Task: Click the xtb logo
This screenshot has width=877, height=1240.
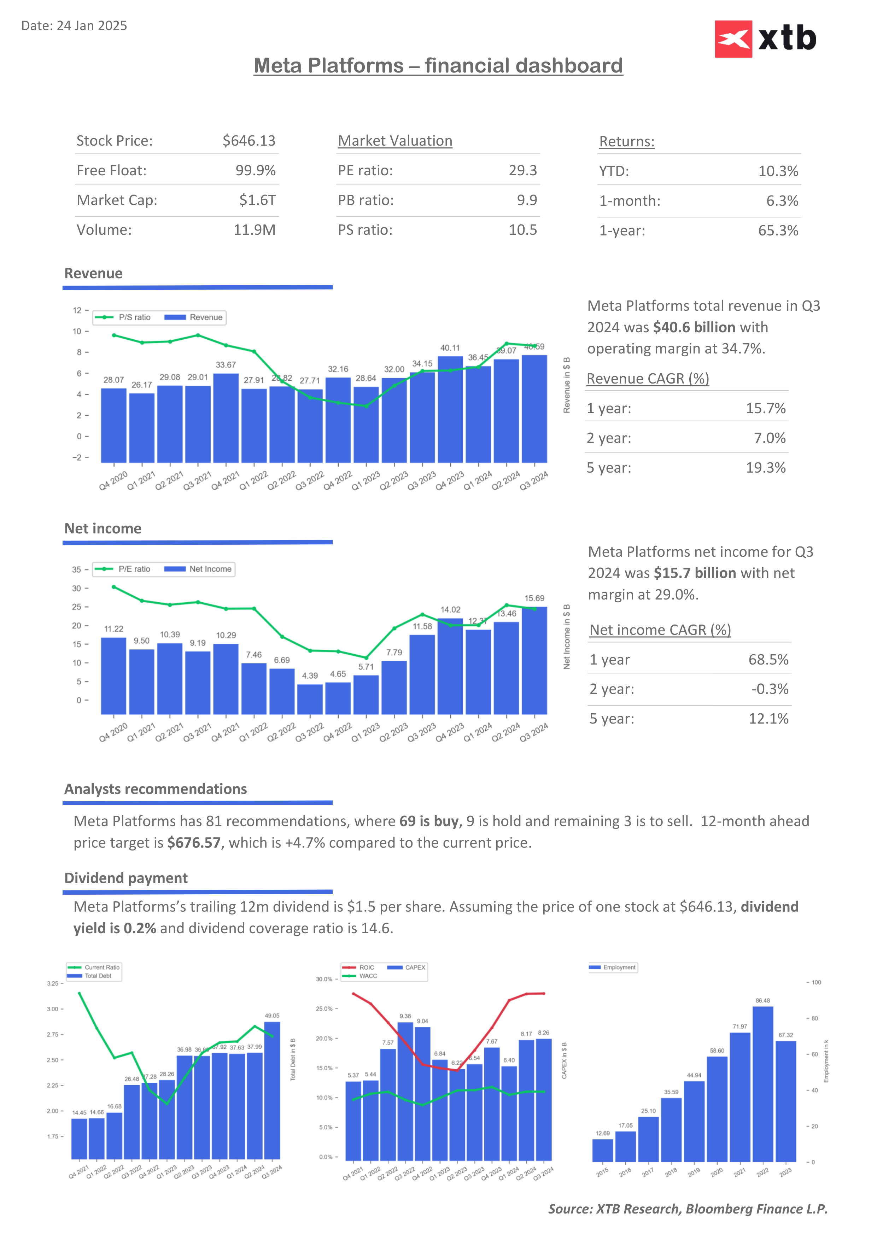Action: click(x=765, y=39)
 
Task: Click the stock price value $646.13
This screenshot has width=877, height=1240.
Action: click(x=249, y=141)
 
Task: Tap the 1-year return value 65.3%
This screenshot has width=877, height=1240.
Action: click(x=778, y=230)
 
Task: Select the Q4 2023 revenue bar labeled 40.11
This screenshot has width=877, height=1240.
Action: click(x=450, y=409)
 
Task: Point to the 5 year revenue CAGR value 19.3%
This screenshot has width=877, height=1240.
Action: click(x=765, y=468)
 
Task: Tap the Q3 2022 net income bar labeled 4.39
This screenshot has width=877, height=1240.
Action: click(x=310, y=700)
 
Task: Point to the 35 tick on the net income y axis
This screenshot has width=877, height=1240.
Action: click(x=77, y=570)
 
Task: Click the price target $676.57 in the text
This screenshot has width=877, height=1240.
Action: click(x=194, y=843)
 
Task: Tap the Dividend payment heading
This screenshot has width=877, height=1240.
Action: click(x=126, y=878)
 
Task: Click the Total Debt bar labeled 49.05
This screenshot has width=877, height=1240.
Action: click(x=272, y=1090)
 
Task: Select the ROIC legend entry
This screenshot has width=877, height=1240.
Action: click(x=359, y=967)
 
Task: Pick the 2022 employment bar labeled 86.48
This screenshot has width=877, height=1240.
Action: click(x=762, y=1084)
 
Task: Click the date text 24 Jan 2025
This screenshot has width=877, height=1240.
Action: click(x=92, y=26)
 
